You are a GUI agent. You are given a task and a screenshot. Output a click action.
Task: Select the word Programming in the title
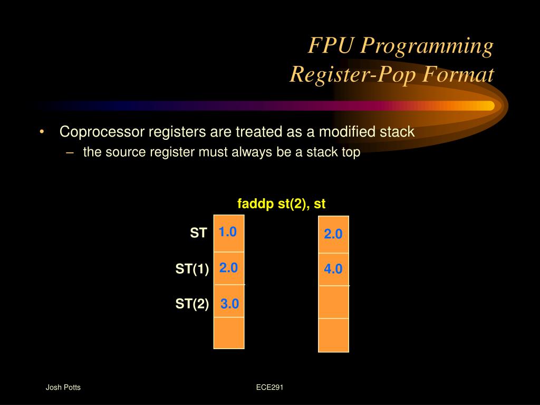click(x=427, y=46)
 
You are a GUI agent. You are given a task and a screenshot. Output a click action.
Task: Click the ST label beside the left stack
click(x=199, y=233)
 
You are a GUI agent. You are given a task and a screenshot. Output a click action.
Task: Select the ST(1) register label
click(x=192, y=269)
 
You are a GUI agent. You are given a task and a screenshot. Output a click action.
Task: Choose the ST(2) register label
click(x=192, y=304)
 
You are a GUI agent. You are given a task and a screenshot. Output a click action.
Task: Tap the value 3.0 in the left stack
click(x=229, y=304)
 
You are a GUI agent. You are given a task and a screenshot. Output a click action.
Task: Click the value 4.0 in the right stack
click(x=333, y=269)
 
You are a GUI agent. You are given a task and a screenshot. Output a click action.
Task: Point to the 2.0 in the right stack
click(x=333, y=234)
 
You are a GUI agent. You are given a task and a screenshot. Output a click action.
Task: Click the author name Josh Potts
click(x=63, y=388)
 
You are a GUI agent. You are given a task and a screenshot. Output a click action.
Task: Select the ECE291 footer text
click(x=270, y=388)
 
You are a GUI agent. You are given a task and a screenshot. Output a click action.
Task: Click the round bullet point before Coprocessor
click(x=42, y=132)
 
